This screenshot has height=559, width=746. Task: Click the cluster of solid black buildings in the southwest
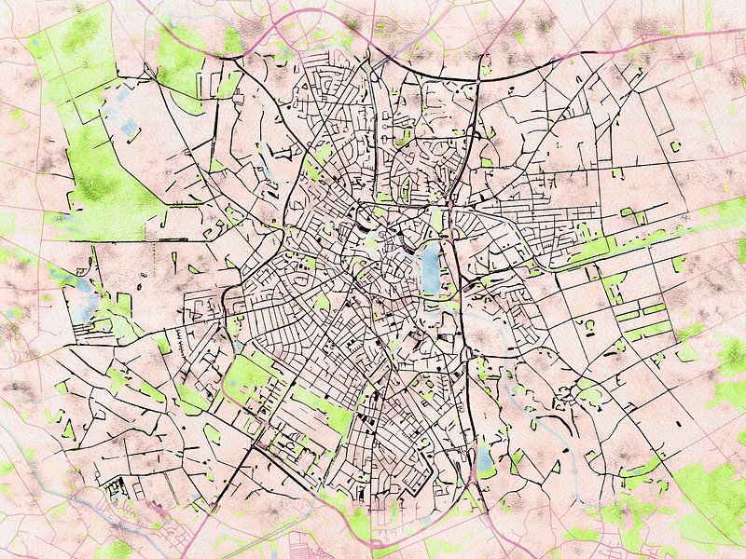coord(117,488)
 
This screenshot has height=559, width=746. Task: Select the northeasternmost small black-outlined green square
coord(674,145)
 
